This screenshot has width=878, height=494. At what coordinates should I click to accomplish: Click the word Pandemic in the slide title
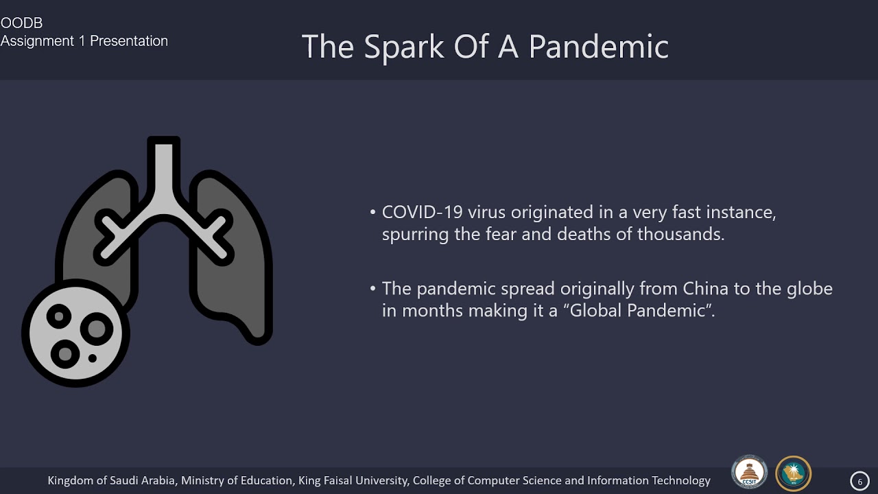pyautogui.click(x=598, y=47)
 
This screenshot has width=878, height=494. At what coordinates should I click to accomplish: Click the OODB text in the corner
pyautogui.click(x=21, y=23)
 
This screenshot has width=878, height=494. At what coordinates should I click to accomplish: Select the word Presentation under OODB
pyautogui.click(x=129, y=41)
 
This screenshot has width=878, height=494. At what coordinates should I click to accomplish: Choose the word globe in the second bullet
pyautogui.click(x=809, y=289)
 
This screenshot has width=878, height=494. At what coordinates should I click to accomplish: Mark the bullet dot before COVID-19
pyautogui.click(x=372, y=213)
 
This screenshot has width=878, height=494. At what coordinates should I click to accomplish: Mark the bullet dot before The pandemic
pyautogui.click(x=372, y=289)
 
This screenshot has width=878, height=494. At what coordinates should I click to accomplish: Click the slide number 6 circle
pyautogui.click(x=859, y=482)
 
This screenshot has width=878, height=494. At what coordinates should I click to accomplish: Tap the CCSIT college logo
pyautogui.click(x=749, y=473)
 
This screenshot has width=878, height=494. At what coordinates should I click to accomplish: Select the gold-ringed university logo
pyautogui.click(x=793, y=473)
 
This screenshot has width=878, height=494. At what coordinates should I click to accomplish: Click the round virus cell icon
pyautogui.click(x=75, y=333)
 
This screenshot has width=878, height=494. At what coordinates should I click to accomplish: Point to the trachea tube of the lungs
pyautogui.click(x=164, y=172)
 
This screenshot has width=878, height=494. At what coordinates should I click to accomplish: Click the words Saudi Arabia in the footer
pyautogui.click(x=143, y=481)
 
